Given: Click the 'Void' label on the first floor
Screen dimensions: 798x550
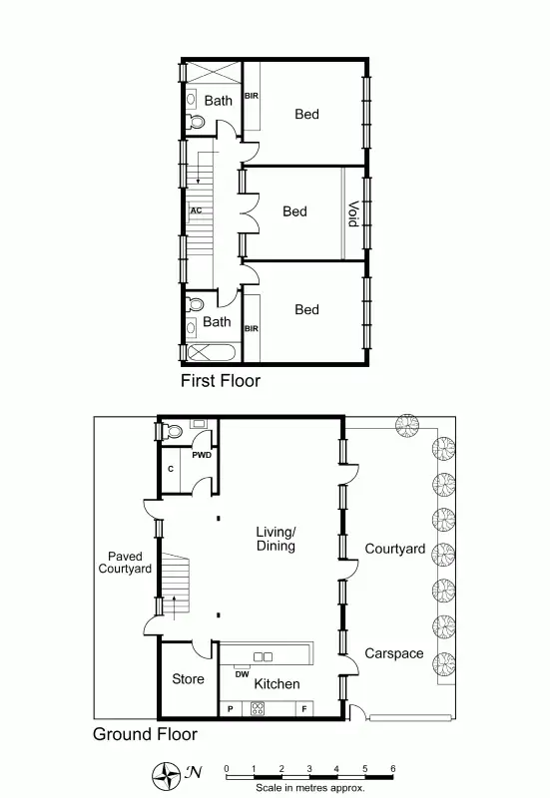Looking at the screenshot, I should click(352, 215).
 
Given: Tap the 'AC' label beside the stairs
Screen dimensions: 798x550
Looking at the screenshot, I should click(196, 210).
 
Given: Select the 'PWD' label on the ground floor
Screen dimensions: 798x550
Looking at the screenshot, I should click(202, 455).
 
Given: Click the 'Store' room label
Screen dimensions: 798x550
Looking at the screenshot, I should click(188, 679).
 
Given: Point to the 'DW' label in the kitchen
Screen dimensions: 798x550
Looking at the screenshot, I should click(242, 674).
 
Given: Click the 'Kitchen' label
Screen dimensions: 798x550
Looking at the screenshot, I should click(276, 684).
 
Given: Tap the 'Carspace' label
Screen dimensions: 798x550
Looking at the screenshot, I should click(394, 654).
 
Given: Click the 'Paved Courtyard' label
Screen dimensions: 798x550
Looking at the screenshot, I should click(125, 563).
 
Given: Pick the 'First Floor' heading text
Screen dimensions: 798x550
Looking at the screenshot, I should click(221, 381).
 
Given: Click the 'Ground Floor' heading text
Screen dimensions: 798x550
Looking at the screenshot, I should click(145, 735).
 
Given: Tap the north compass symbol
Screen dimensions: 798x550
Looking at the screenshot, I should click(164, 771).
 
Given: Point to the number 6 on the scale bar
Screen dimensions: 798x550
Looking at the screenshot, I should click(392, 768).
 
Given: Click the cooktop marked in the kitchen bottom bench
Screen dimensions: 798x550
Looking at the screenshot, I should click(258, 709).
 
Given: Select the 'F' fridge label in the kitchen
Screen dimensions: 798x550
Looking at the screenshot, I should click(303, 709).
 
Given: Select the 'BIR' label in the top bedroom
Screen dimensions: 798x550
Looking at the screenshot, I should click(252, 97).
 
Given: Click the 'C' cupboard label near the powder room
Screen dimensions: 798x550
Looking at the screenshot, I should click(171, 468).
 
